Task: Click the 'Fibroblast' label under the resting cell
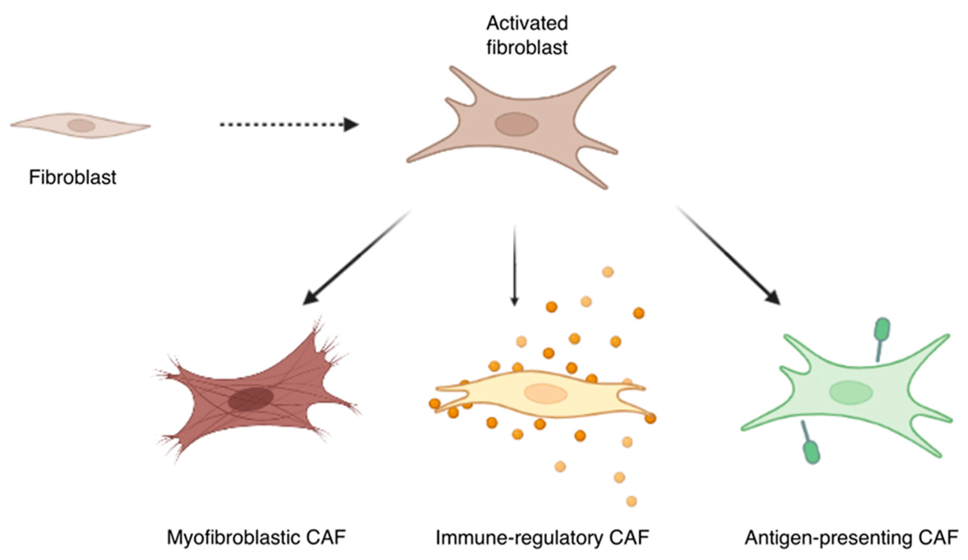click(73, 177)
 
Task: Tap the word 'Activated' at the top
click(527, 24)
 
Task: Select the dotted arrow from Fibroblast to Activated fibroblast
click(289, 124)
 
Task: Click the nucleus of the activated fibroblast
click(516, 124)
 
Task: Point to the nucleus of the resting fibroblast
click(81, 125)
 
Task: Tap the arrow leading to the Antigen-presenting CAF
click(729, 256)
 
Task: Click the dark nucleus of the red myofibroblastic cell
click(250, 399)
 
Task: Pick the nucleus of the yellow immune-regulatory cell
click(546, 394)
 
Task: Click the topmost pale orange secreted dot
click(608, 272)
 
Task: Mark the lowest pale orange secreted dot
click(632, 501)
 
